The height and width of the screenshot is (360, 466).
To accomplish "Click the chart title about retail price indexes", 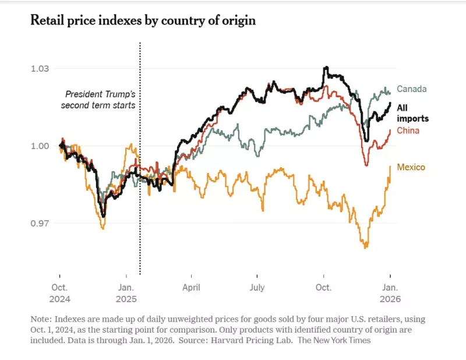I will tap(143, 21).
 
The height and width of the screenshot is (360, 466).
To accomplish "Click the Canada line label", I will tap(412, 89).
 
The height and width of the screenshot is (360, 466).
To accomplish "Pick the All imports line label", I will tap(412, 113).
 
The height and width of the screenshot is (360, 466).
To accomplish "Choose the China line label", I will tap(408, 130).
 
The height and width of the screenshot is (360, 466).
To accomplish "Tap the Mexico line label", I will tap(411, 167).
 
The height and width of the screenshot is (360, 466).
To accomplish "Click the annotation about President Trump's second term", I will tap(99, 100).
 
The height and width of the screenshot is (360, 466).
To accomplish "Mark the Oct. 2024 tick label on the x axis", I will tap(59, 293).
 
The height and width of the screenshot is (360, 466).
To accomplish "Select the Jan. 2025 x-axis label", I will tap(126, 293).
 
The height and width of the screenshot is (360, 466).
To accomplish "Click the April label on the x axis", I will tap(191, 288).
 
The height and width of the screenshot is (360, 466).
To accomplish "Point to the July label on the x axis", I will tap(257, 288).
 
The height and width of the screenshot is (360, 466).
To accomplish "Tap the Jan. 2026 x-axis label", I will tap(390, 293).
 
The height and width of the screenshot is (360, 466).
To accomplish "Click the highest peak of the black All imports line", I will tap(326, 68).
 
